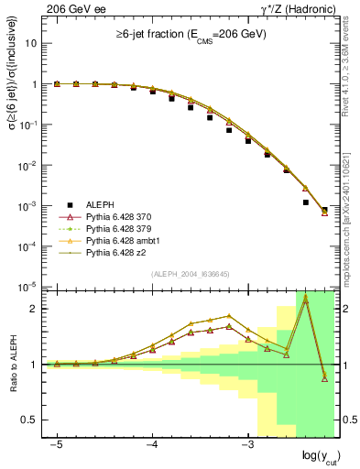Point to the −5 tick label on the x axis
tap(57, 442)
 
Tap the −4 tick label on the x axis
tap(152, 442)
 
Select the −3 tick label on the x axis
tap(246, 442)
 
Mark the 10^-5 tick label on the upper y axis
tap(27, 286)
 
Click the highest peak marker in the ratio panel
tap(306, 300)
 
